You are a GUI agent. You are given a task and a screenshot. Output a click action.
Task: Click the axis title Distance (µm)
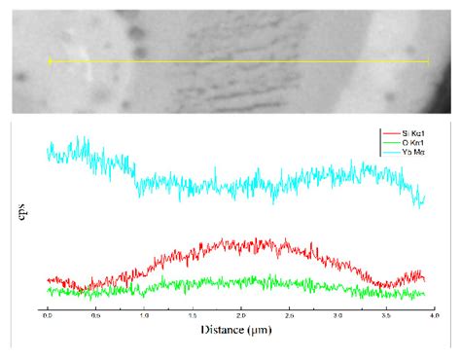pos(237,330)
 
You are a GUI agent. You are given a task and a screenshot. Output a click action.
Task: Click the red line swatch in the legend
pos(387,131)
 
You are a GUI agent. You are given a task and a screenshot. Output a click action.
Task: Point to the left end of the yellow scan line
pos(50,61)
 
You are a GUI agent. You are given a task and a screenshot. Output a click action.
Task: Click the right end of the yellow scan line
pos(428,61)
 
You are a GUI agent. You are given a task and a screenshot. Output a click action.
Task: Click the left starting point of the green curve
pos(48,290)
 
